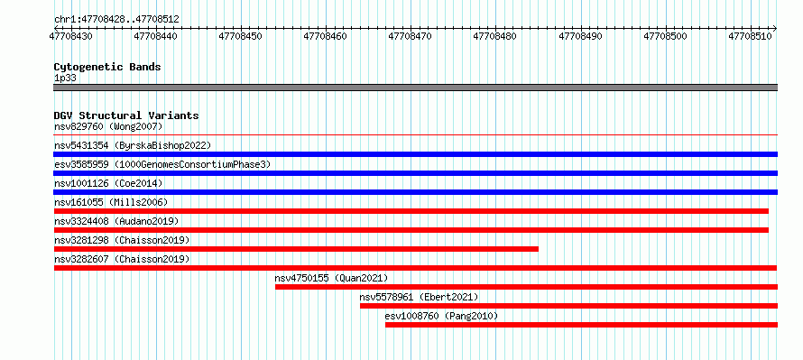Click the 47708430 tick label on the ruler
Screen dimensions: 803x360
coord(70,36)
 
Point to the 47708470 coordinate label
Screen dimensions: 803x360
coord(411,36)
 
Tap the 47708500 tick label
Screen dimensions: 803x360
coord(665,36)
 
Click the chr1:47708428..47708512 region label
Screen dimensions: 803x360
coord(116,20)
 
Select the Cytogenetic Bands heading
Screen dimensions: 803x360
coord(107,67)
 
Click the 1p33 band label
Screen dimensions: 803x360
coord(66,78)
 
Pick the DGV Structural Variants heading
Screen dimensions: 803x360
coord(126,115)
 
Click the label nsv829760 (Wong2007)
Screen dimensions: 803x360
coord(108,126)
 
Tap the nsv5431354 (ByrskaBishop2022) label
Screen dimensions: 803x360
coord(133,145)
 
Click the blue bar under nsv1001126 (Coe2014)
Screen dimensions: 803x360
coord(415,192)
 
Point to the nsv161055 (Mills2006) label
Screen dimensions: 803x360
coord(111,202)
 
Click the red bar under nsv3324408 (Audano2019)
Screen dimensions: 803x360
coord(411,230)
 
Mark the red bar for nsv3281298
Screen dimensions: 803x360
coord(296,249)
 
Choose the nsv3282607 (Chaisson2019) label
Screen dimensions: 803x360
coord(122,259)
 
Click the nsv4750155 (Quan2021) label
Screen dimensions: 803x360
coord(331,278)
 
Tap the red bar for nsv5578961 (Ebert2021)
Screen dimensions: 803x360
coord(569,306)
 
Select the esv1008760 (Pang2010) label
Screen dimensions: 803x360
coord(441,316)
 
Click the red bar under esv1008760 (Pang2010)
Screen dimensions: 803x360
coord(581,325)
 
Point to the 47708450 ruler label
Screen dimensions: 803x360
coord(240,36)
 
